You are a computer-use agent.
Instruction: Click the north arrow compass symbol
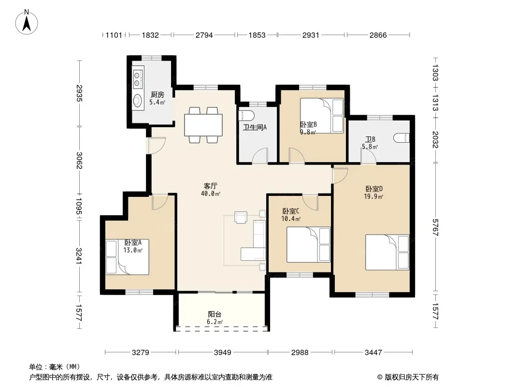coord(27,22)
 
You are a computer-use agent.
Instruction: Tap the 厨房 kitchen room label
coord(157,95)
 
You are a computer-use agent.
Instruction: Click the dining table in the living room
coord(204,125)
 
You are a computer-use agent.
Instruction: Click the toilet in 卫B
coord(402,138)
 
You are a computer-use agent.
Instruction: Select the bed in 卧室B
coord(322,116)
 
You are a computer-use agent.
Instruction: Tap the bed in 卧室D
coord(387,252)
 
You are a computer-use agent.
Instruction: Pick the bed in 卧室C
coord(308,245)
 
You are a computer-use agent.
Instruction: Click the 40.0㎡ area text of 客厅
coord(211,193)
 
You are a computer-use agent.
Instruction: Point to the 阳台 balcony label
coord(215,314)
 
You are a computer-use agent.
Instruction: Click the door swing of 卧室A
coord(160,202)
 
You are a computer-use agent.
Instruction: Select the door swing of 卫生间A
coord(260,155)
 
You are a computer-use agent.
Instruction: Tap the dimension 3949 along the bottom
coord(223,353)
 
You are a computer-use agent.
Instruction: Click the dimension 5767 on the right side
coord(435,227)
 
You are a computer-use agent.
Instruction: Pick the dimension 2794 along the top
coord(204,35)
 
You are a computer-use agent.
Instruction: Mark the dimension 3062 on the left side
coord(79,160)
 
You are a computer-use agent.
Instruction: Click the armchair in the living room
coord(241,217)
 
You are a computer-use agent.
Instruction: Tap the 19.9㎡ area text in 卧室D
coord(374,196)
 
